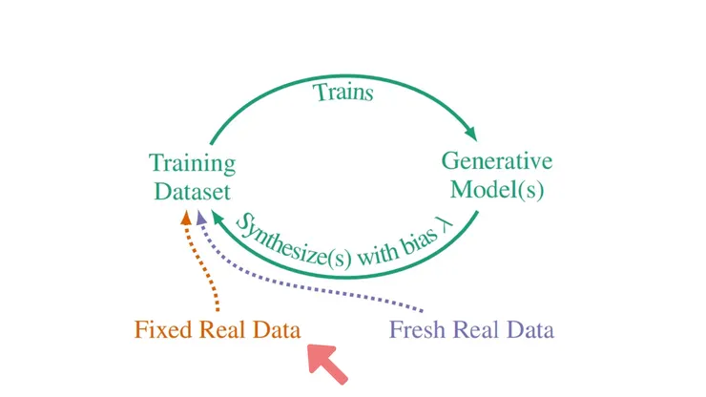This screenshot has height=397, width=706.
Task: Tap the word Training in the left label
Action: [192, 163]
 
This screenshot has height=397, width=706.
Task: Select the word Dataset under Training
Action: [192, 191]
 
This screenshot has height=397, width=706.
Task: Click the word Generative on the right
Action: [496, 160]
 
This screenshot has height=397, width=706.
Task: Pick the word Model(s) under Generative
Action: [497, 189]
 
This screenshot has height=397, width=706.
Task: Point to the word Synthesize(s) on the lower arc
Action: [283, 239]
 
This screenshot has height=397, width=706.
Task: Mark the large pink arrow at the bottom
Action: [324, 362]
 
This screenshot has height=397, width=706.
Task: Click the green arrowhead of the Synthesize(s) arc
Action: [218, 219]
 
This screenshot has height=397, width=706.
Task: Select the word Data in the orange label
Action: [276, 330]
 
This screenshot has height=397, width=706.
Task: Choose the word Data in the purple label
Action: [529, 330]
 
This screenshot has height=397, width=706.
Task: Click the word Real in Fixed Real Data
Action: [220, 330]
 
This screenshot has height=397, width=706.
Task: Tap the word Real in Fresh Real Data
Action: [475, 330]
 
